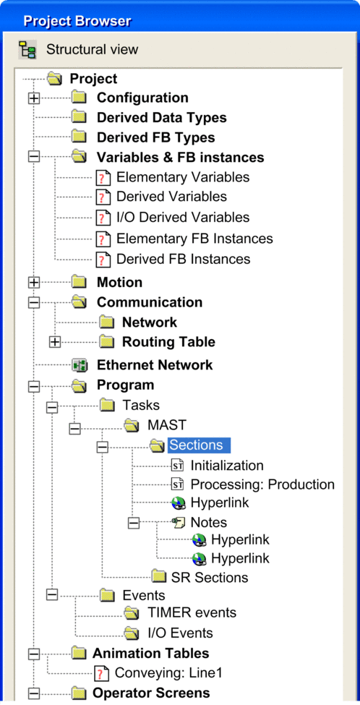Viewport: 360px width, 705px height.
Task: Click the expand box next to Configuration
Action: coord(34,98)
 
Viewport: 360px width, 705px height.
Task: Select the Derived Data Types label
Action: coord(162,118)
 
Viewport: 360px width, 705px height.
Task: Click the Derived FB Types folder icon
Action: coord(80,137)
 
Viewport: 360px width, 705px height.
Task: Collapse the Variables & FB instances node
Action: coord(34,158)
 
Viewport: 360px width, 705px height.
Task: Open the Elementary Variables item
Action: coord(183,177)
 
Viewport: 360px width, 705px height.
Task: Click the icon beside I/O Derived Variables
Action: coord(103,218)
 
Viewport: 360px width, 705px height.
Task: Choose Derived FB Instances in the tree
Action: coord(184,260)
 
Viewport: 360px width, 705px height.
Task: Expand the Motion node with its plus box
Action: coord(34,282)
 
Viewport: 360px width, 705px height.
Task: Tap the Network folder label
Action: coord(150,322)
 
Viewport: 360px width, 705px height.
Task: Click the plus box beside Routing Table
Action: coord(55,342)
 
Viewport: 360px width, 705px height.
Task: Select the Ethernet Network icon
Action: coord(80,365)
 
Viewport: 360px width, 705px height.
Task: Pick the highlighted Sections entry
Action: coord(199,445)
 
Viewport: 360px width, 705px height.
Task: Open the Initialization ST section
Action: coord(227,466)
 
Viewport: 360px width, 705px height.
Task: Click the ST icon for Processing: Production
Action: coord(178,484)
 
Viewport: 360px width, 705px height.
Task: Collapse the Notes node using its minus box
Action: coord(134,523)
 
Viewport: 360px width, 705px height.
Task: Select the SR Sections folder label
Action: coord(210,577)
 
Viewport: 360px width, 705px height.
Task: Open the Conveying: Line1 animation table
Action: coord(168,673)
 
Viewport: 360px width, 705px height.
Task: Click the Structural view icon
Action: coord(27,49)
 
